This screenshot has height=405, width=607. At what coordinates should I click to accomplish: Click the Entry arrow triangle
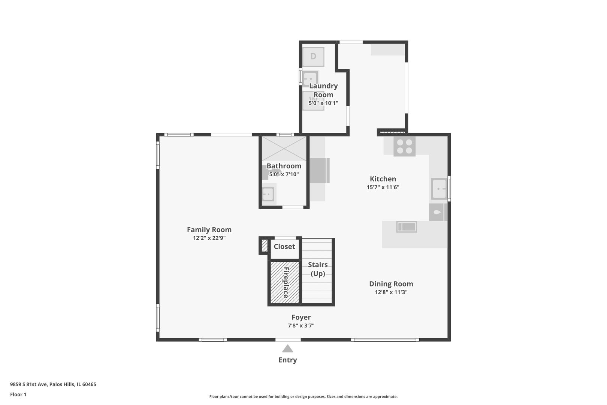(287, 349)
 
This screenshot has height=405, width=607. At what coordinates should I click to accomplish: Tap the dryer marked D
(313, 57)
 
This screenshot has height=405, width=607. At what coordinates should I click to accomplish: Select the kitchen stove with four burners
(404, 147)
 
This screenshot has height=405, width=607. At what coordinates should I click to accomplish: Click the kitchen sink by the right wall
(439, 189)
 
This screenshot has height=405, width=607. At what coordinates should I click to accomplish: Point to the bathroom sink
(268, 194)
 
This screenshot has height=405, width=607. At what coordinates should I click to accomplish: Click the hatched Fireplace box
(284, 282)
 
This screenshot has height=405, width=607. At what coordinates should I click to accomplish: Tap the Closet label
(284, 247)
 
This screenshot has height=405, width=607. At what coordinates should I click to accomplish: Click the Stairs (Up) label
(318, 269)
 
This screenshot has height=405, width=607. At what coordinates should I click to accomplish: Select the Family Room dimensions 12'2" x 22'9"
(209, 238)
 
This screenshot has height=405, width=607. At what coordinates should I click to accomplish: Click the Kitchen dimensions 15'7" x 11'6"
(383, 187)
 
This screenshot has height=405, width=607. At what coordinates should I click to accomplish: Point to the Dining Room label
(391, 284)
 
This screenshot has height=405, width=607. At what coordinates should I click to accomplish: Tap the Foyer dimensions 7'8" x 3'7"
(301, 325)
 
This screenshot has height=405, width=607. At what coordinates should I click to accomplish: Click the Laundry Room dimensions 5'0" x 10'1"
(323, 103)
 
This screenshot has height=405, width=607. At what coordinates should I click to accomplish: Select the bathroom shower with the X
(284, 148)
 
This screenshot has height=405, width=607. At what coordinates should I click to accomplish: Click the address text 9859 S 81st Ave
(29, 384)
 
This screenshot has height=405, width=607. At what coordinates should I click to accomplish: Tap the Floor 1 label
(18, 394)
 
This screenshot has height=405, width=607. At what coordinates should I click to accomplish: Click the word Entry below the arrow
(288, 360)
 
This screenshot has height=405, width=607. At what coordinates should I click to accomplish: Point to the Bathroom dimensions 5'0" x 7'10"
(284, 174)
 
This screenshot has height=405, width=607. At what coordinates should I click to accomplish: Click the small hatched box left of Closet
(265, 246)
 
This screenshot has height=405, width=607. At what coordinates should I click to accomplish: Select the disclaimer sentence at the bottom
(303, 397)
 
